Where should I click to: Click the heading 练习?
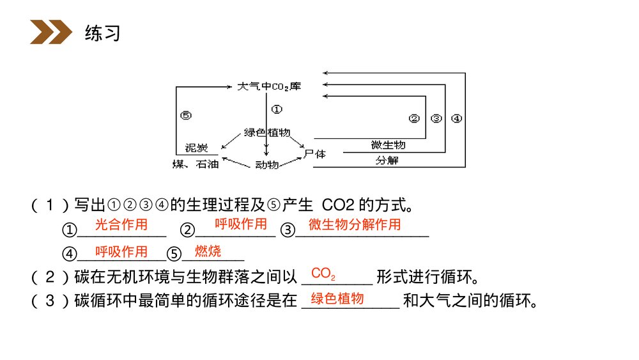point(102,33)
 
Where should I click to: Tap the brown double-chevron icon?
point(50,33)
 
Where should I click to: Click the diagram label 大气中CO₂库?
point(268,86)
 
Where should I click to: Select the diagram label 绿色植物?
point(267,132)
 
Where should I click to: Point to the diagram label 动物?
point(266,164)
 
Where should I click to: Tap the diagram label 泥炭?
point(196,148)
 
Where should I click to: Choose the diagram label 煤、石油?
point(196,164)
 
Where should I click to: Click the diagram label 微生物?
point(388,145)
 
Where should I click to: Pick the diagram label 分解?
point(387,160)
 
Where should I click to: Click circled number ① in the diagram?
point(277,109)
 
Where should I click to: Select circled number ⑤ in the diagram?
point(186,116)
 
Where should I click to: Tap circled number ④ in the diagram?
point(456,118)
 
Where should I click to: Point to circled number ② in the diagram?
point(414,118)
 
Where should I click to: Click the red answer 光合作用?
point(121,224)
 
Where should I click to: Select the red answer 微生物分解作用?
point(355,224)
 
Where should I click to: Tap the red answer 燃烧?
point(208,251)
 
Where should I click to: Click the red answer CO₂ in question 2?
point(323,274)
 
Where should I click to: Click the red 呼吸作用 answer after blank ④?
point(121,251)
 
